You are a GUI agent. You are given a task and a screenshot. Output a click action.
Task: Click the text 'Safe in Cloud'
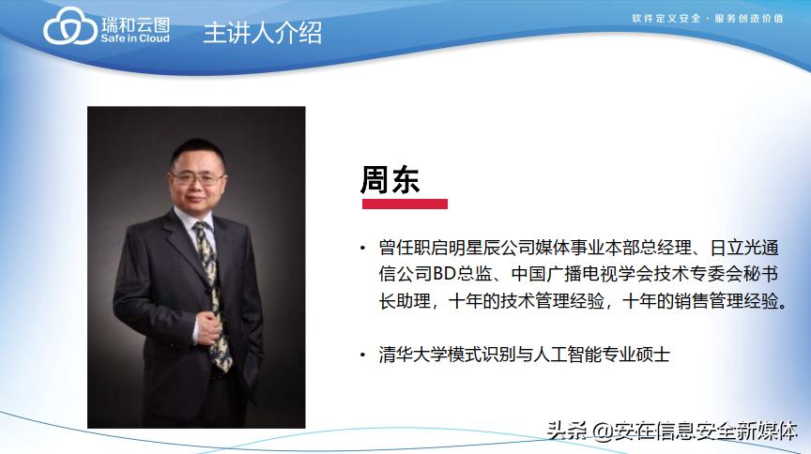tap(134, 39)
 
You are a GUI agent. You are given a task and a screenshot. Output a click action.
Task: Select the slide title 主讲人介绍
tap(262, 32)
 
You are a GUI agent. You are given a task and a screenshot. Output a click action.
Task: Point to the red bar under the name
tap(404, 204)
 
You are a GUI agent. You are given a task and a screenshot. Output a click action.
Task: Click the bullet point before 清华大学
tap(363, 356)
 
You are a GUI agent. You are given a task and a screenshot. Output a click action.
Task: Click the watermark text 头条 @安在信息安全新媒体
tap(672, 431)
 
